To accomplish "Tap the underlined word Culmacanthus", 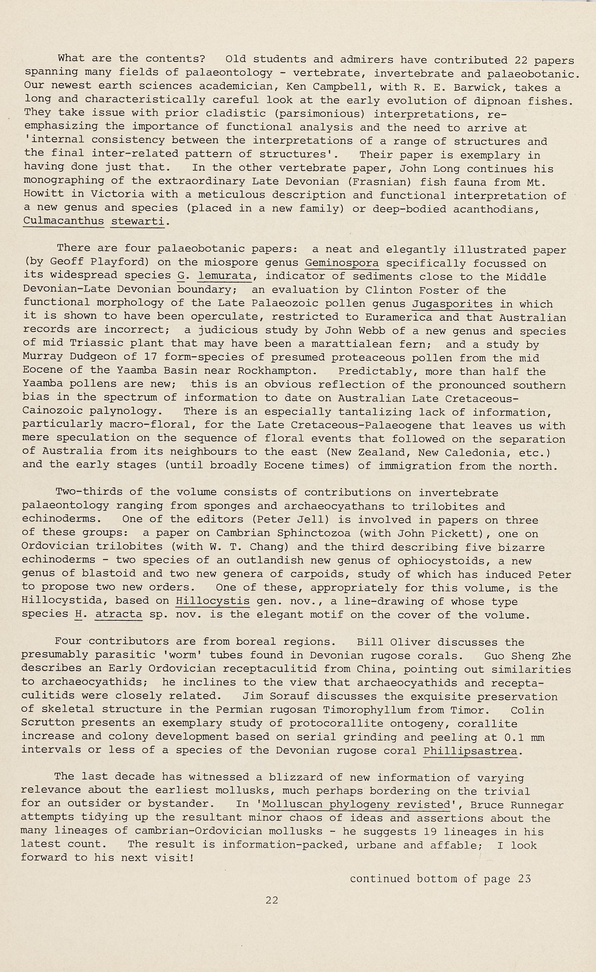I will pos(64,221).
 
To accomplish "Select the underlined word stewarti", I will pos(137,221).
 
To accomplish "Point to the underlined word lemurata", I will pos(225,276).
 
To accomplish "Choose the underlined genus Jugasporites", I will pos(452,304).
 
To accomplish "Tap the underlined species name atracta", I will pos(118,614).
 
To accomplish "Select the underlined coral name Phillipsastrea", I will pos(470,750).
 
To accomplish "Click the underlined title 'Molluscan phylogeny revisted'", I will pos(357,804).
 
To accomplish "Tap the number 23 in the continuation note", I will pos(524,878).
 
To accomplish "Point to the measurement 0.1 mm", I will pos(521,737).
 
